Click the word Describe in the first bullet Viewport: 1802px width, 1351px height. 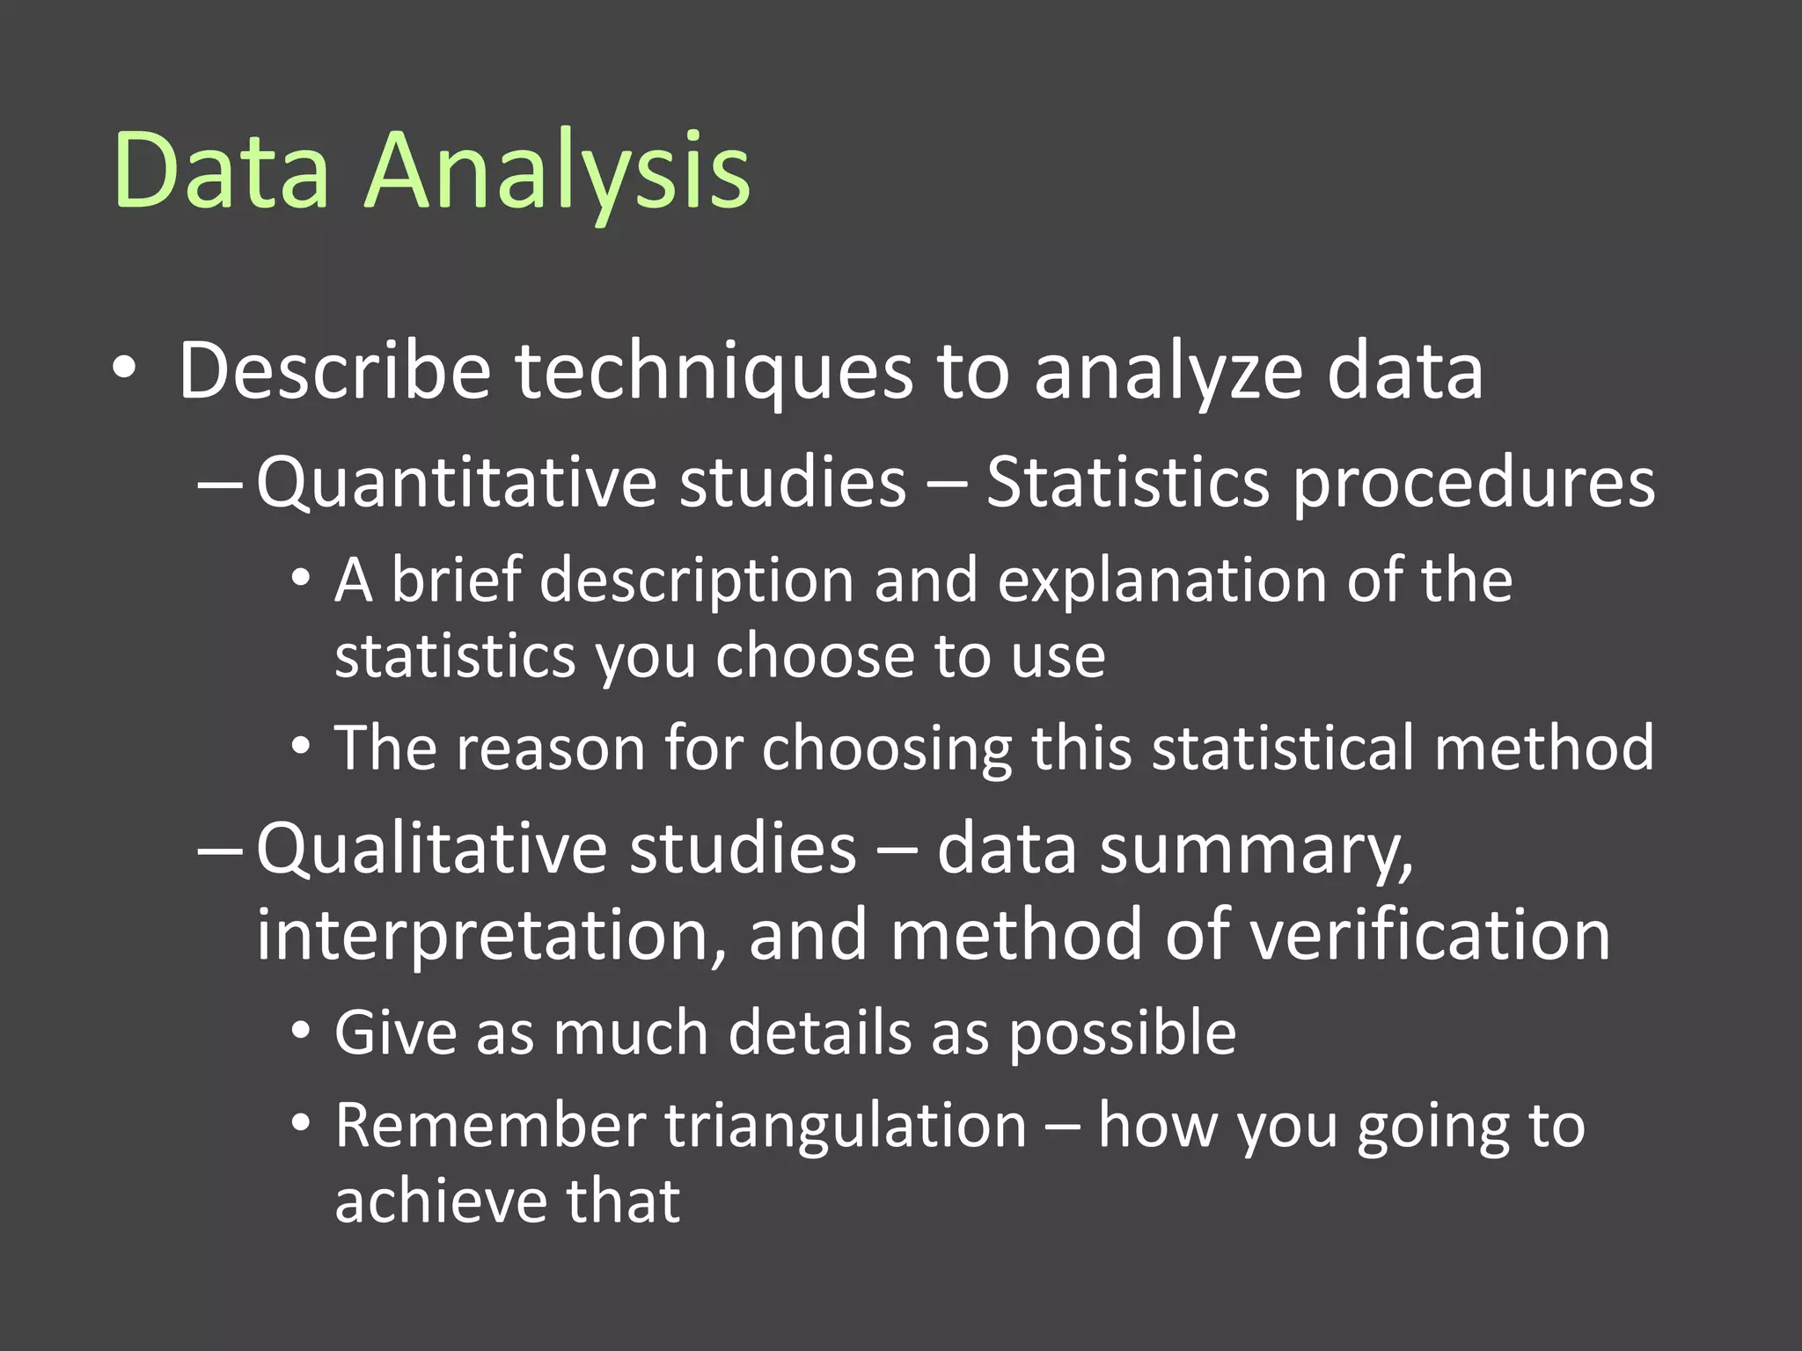[335, 371]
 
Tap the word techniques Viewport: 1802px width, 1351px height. [714, 371]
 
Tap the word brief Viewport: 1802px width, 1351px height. [456, 580]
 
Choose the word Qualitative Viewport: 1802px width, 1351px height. [430, 849]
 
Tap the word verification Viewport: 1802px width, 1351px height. [1430, 935]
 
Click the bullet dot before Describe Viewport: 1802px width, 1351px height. [125, 369]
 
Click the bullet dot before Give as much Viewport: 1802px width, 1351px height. [301, 1032]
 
